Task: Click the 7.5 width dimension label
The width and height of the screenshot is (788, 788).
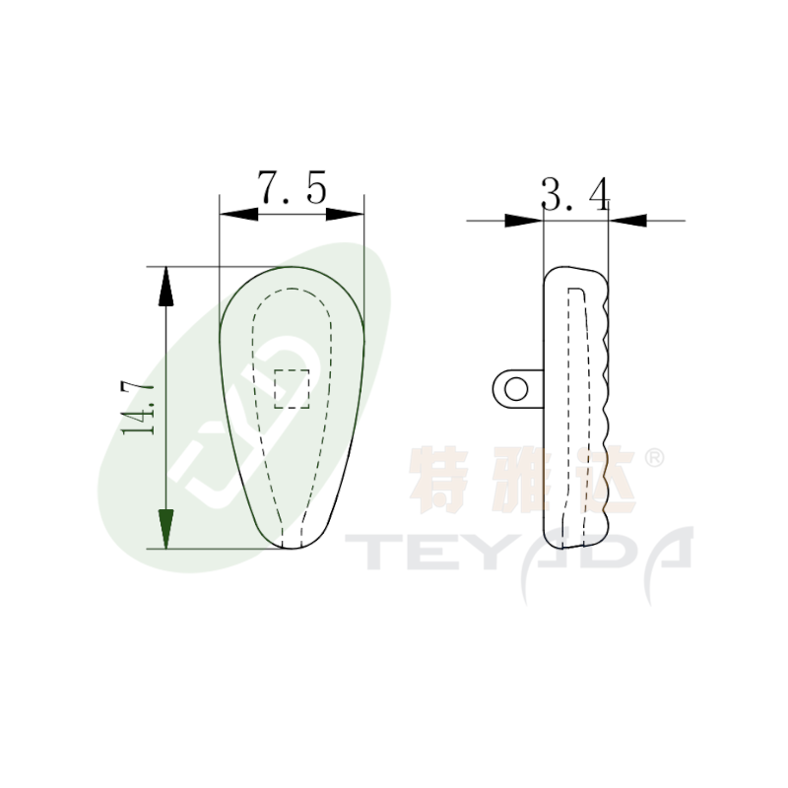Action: (x=292, y=187)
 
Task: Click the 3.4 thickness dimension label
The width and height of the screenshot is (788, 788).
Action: (x=575, y=193)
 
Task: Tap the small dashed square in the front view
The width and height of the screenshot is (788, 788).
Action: (x=292, y=388)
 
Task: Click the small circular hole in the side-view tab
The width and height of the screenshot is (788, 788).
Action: (x=515, y=389)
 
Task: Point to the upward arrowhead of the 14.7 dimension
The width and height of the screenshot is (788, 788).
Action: (x=165, y=287)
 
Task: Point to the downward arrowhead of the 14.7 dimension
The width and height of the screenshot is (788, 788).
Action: (x=165, y=529)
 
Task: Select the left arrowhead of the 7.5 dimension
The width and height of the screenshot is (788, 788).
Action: (x=238, y=214)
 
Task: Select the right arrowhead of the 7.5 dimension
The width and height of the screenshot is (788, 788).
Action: (x=346, y=214)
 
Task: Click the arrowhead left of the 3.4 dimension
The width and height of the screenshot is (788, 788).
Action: (x=524, y=220)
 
